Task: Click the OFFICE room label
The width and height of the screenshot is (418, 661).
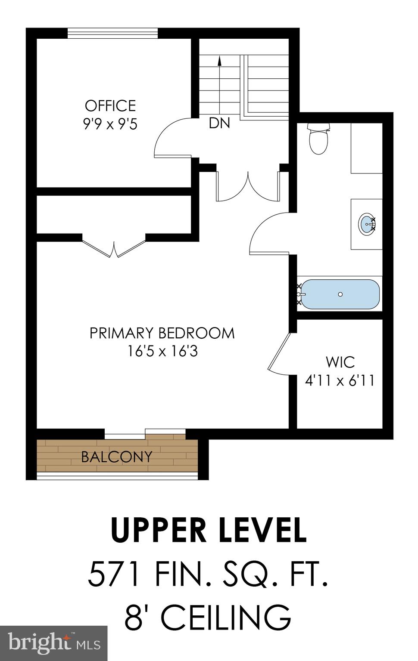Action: click(x=110, y=105)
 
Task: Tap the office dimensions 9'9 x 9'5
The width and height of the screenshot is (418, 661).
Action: click(x=110, y=124)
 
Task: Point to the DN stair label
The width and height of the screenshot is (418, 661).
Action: click(x=219, y=123)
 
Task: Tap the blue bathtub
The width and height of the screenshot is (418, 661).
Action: click(x=340, y=294)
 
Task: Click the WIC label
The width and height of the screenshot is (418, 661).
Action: click(x=340, y=362)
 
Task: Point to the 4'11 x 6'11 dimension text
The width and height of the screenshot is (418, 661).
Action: click(x=340, y=380)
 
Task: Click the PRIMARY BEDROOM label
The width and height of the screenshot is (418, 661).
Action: click(x=162, y=333)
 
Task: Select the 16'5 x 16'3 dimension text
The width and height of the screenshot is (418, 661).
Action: click(x=162, y=352)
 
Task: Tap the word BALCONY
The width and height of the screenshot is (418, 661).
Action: click(x=117, y=457)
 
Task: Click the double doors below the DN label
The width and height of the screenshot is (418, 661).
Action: click(x=248, y=187)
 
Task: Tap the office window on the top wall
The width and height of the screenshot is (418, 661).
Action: click(x=113, y=33)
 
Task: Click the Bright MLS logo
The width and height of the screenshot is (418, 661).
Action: click(x=53, y=643)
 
